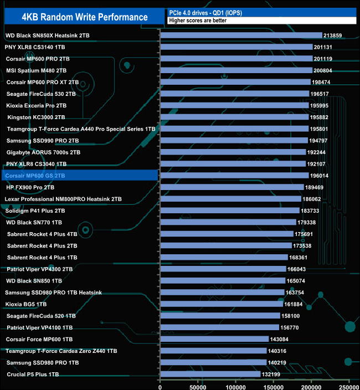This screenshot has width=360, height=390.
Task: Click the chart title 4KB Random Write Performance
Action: (x=85, y=17)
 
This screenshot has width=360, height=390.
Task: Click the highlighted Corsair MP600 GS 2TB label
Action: (x=38, y=176)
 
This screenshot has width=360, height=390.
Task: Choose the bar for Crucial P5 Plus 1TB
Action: (x=210, y=374)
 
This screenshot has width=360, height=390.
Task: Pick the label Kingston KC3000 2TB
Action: (x=36, y=117)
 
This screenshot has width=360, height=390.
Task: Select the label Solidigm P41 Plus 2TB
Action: (x=35, y=211)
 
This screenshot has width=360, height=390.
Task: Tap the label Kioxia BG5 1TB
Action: (x=26, y=304)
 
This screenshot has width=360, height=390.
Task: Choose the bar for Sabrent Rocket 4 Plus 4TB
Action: (x=227, y=234)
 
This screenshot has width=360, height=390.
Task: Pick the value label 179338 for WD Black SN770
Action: (x=309, y=222)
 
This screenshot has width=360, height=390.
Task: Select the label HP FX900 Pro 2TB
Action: (x=30, y=187)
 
